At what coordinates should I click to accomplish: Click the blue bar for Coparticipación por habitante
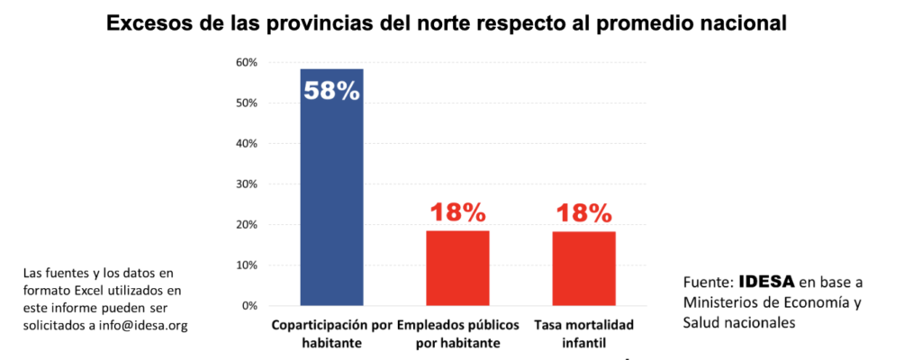(x=331, y=198)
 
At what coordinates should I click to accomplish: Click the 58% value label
(x=331, y=91)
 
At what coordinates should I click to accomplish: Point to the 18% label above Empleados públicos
(x=457, y=213)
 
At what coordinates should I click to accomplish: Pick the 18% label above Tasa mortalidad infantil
(x=583, y=213)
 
